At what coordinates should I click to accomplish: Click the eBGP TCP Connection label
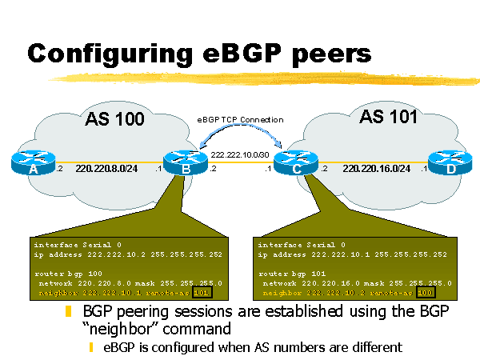click(x=240, y=119)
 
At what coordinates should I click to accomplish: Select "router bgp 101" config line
click(x=289, y=274)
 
